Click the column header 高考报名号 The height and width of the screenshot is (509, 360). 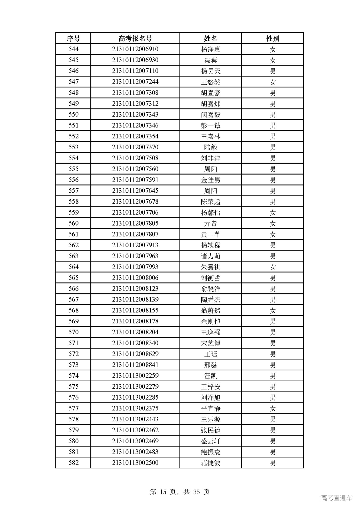[135, 38]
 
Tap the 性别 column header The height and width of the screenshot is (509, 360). [273, 38]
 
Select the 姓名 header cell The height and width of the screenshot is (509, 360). [210, 38]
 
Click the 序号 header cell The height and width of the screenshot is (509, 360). [73, 38]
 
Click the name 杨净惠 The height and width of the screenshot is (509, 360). [210, 49]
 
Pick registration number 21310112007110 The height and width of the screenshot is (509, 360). [135, 71]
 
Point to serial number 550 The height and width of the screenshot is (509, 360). [73, 114]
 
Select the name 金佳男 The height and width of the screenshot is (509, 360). [210, 180]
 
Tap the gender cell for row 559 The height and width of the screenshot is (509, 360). [273, 213]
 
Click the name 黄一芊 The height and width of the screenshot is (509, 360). [210, 234]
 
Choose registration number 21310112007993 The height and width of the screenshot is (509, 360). [135, 267]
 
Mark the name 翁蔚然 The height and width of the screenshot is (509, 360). [210, 310]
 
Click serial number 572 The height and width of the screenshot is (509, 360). [73, 354]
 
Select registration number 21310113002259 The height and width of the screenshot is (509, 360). [135, 376]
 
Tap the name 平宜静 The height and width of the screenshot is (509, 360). [210, 408]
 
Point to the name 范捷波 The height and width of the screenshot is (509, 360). [210, 463]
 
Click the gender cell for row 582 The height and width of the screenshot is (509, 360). [273, 463]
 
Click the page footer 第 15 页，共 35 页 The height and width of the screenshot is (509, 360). [180, 492]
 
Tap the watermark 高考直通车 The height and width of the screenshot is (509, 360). [336, 498]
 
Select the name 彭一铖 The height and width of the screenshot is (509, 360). [210, 125]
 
